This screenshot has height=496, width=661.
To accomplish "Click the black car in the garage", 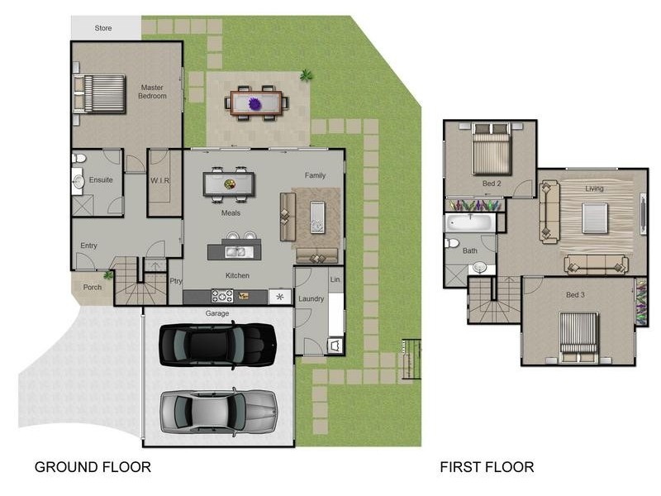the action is point(217,345).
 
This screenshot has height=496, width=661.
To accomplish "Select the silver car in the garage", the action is point(218,412).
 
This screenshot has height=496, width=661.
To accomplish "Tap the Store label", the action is point(103,28).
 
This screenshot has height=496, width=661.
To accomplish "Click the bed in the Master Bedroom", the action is point(99,94).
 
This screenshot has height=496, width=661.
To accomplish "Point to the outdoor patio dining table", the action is point(257,103).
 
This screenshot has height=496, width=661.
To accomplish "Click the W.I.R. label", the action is point(160,180).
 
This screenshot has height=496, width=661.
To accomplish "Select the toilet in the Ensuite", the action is point(78,158).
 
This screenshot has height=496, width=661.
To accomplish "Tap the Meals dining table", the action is point(229,184).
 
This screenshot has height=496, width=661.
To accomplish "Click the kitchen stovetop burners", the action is point(222,296).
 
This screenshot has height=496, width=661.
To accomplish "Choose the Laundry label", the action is point(311,298).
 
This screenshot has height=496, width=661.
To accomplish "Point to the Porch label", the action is point(93,287).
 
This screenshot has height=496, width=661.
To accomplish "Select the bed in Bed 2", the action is point(491,149).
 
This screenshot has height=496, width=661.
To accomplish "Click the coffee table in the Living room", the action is point(595,218).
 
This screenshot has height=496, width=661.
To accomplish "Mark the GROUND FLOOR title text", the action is point(93,467).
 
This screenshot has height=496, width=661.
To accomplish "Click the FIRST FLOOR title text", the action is point(487,467).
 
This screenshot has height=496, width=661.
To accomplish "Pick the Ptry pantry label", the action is point(176,281).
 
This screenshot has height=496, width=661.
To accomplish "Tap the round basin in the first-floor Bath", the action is point(480,267).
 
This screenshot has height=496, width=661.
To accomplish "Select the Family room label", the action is point(315,175).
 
